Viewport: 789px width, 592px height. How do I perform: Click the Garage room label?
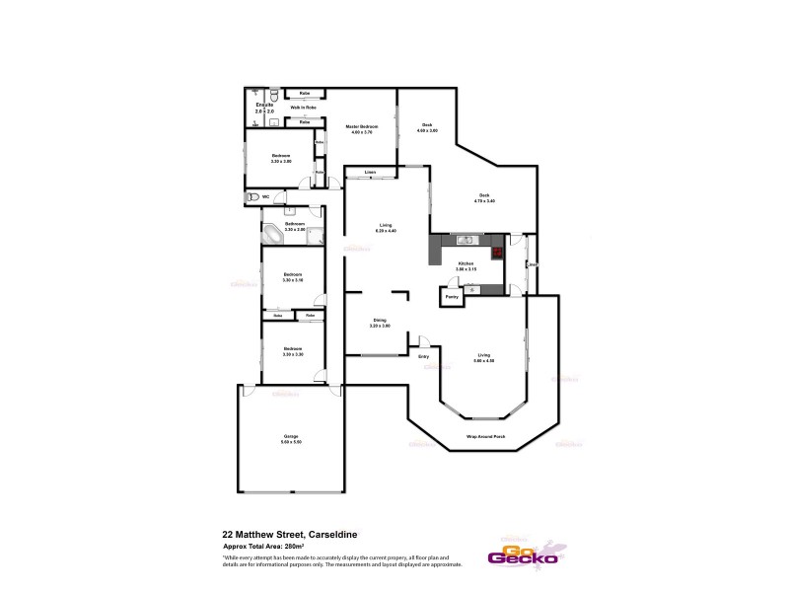pos(291,435)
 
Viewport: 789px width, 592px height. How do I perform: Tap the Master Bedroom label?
pos(361,127)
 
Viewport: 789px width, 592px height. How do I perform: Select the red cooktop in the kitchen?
pos(498,251)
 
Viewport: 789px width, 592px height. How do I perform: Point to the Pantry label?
pos(451,296)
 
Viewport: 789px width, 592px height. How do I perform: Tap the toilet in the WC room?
pos(256,197)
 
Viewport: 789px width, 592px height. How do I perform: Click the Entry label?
pos(424,356)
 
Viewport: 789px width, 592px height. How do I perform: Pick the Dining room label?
pos(381,320)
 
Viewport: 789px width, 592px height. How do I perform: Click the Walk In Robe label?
pos(302,107)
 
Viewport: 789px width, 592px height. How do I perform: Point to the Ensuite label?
pos(264,104)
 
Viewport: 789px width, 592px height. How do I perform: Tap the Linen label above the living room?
pos(370,174)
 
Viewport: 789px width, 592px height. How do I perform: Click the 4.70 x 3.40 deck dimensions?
pos(484,201)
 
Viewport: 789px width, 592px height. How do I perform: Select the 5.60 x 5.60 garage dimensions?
pos(291,441)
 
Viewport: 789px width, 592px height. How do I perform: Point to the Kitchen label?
pos(466,262)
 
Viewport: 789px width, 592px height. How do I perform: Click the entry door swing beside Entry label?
pos(424,341)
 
